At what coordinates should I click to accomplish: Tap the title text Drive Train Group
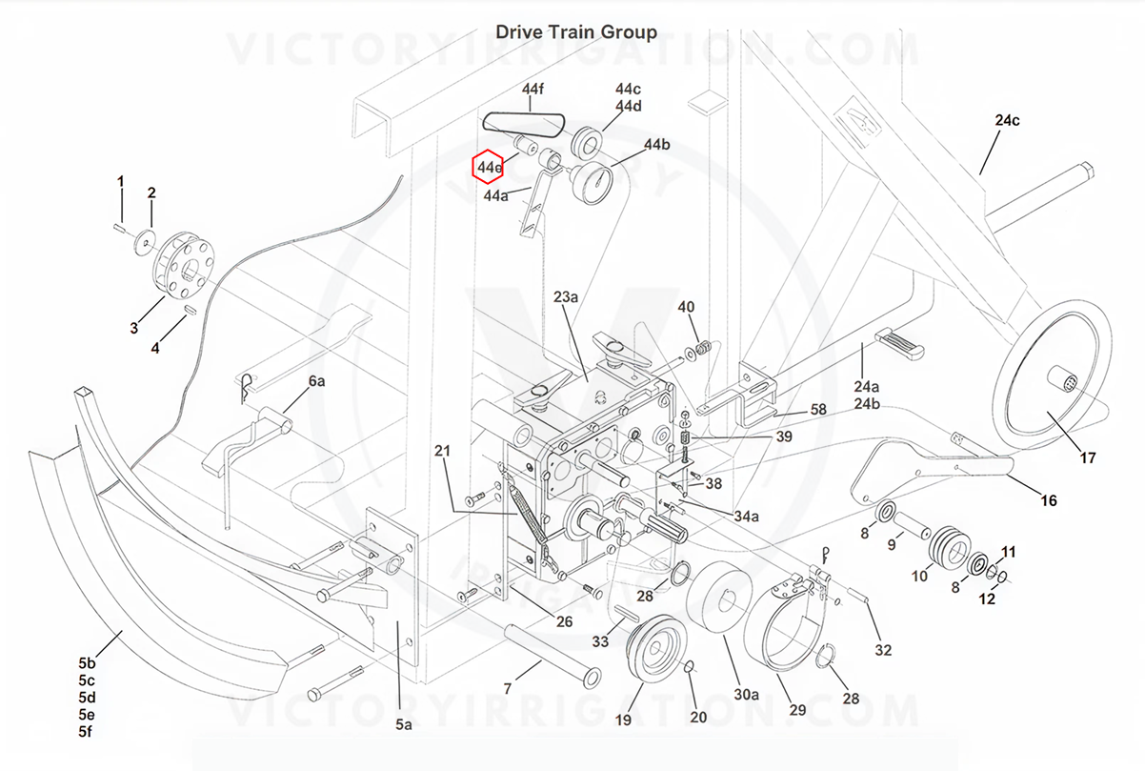[x=575, y=32]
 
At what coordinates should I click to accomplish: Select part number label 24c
[x=1007, y=121]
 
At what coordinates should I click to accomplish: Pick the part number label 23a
[x=566, y=297]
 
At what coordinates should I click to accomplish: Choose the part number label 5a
[x=404, y=725]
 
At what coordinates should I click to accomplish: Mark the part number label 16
[x=1048, y=500]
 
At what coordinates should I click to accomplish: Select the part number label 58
[x=818, y=409]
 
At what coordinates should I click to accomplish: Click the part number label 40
[x=686, y=307]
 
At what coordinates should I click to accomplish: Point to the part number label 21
[x=441, y=450]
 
